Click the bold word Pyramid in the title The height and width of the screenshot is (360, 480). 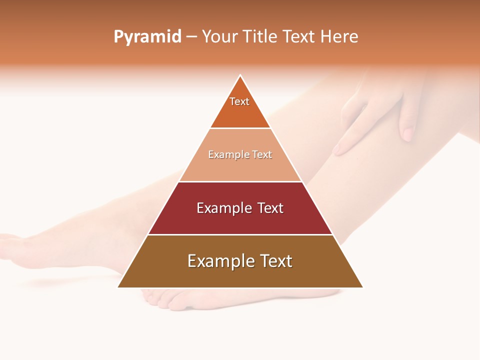[147, 37]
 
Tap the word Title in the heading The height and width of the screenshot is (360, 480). [261, 37]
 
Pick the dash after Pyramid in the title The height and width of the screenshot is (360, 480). [191, 37]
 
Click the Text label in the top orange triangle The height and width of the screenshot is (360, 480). [239, 101]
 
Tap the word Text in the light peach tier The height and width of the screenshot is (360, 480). [261, 154]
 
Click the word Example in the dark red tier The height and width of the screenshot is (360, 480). [223, 208]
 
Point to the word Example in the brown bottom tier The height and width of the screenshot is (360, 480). [218, 261]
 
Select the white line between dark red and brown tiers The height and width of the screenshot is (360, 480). [240, 234]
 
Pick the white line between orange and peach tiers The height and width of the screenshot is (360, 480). [240, 128]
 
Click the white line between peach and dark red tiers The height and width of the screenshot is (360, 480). [240, 181]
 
